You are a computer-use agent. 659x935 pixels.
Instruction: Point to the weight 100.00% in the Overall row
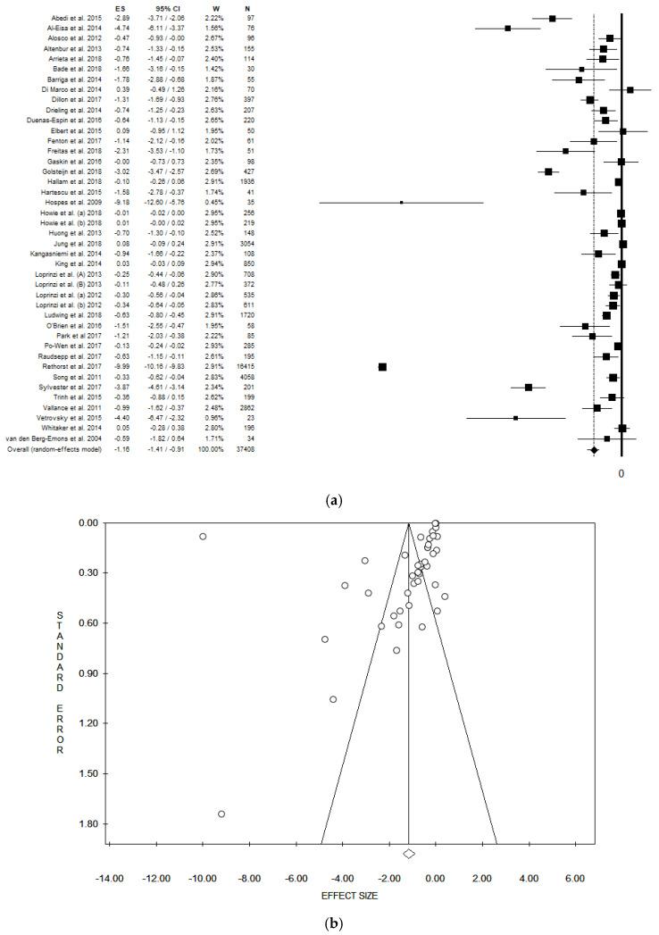coord(212,449)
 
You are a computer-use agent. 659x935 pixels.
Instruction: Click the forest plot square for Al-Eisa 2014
coord(507,29)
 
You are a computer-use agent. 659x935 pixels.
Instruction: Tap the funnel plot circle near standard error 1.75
coord(221,814)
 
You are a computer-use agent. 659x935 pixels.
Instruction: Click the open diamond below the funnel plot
coord(409,854)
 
